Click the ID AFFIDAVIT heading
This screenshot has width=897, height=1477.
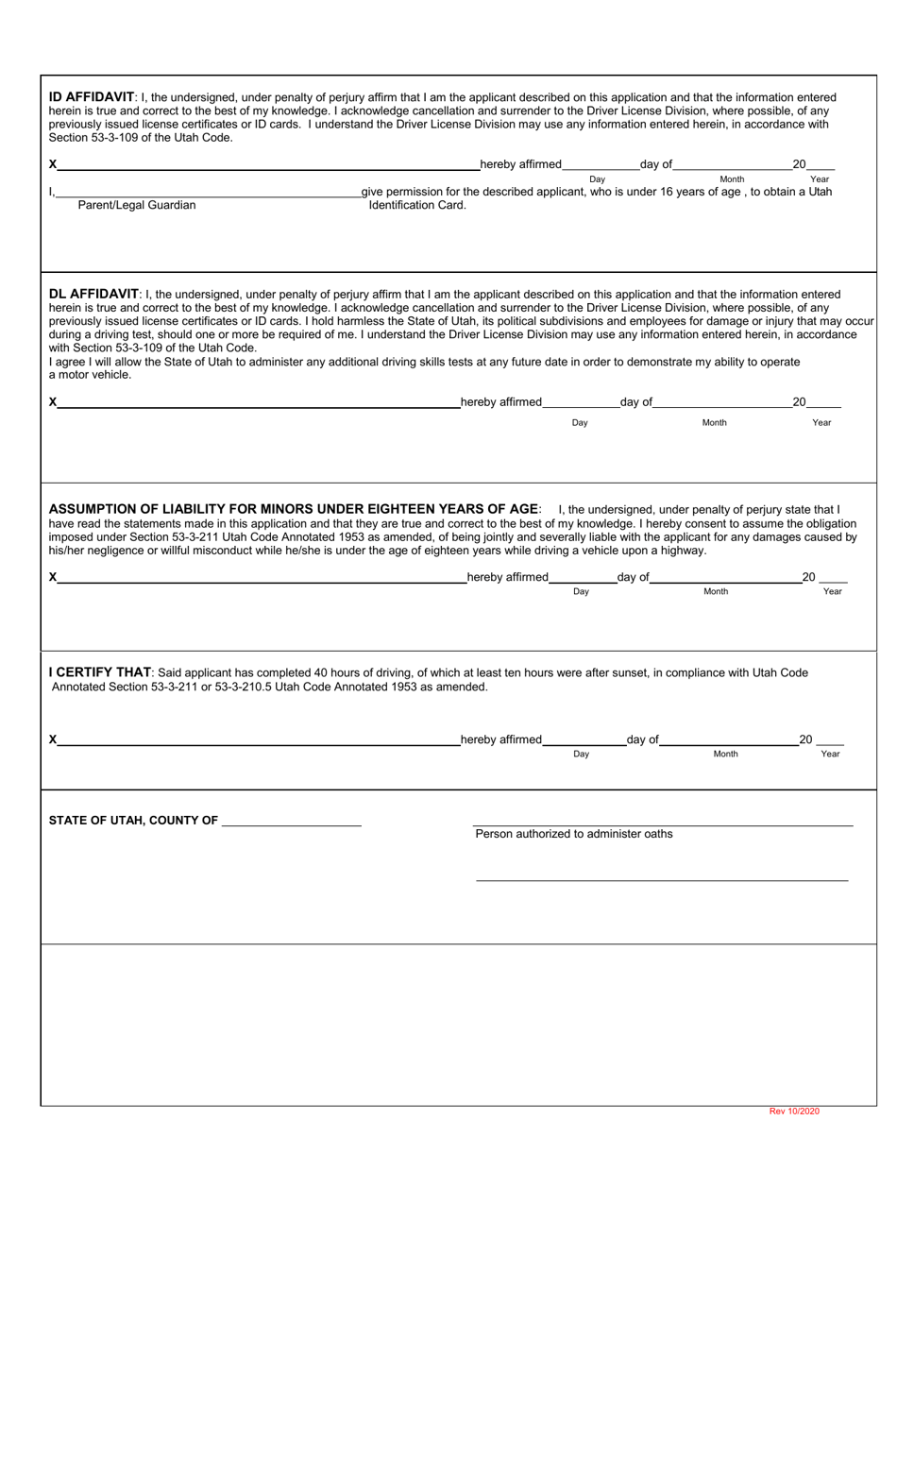click(92, 96)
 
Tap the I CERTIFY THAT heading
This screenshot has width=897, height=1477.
click(99, 672)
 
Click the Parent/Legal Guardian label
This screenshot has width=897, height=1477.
click(137, 205)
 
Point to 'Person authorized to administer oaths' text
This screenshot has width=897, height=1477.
click(574, 834)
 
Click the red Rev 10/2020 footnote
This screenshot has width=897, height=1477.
click(794, 1111)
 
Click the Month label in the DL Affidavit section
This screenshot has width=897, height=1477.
click(715, 422)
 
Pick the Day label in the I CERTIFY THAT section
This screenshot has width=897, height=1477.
click(581, 754)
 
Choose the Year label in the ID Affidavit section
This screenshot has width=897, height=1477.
click(820, 178)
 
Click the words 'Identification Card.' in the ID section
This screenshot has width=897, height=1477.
click(417, 205)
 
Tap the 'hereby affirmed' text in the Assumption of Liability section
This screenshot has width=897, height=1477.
click(507, 577)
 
